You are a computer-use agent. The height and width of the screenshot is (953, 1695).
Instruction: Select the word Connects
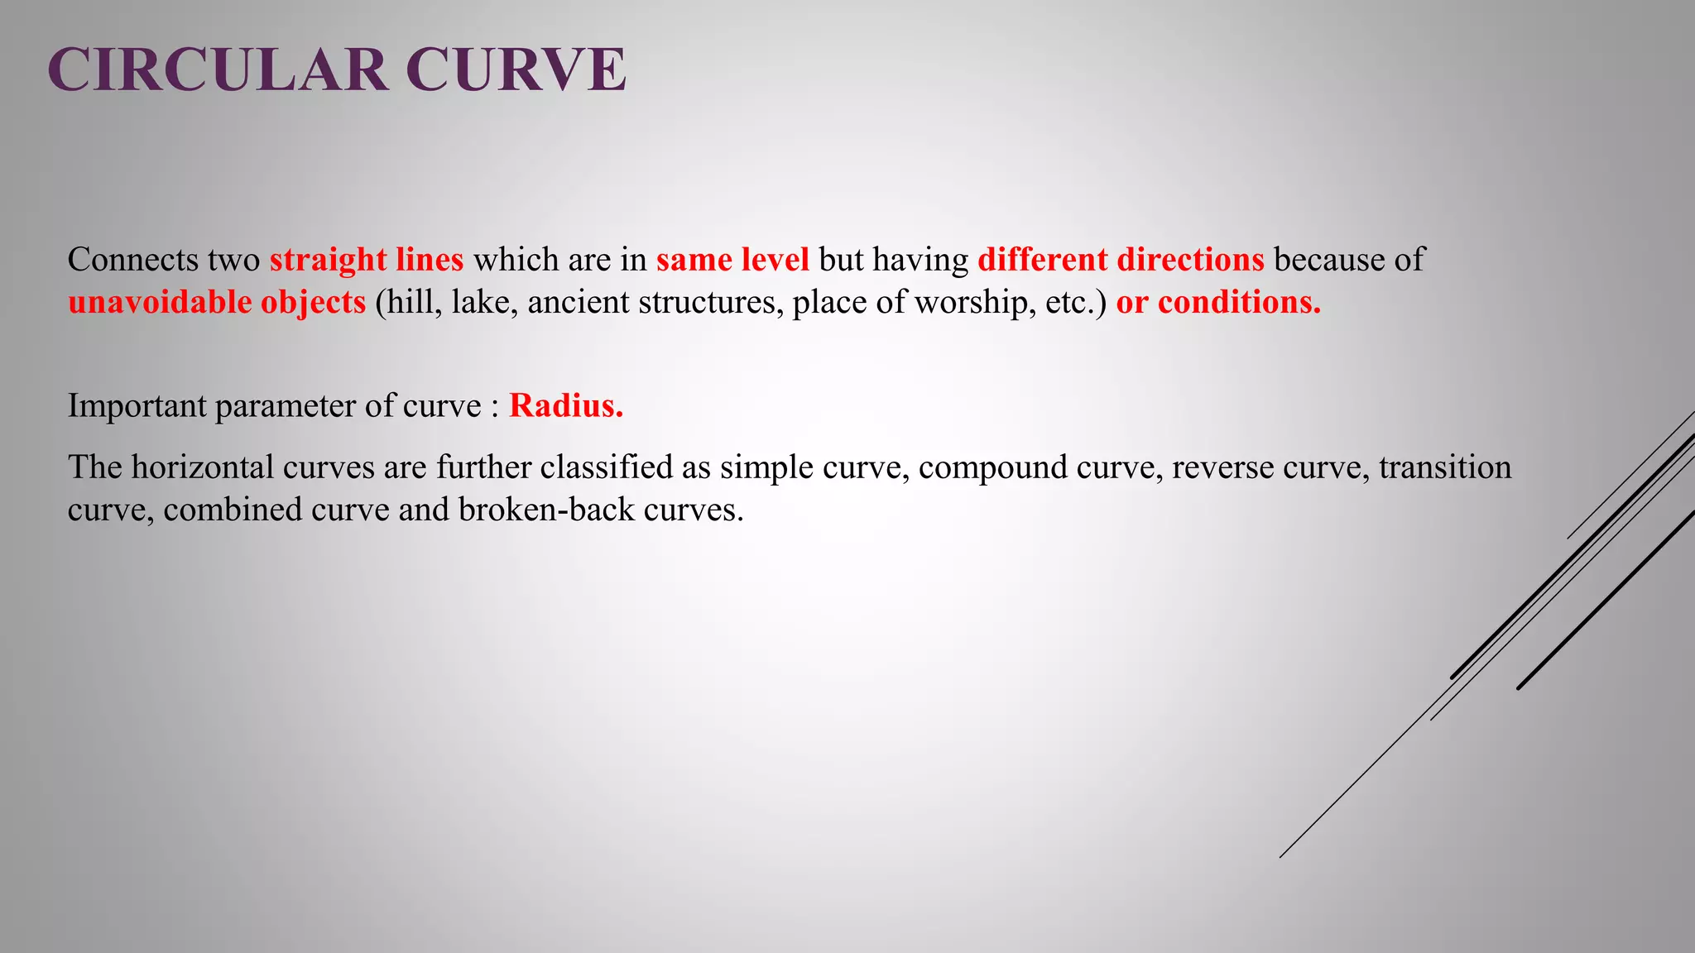pos(132,260)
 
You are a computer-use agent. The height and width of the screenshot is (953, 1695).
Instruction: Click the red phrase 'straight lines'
pos(367,260)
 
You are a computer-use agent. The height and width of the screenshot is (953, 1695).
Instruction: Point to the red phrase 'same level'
pos(732,260)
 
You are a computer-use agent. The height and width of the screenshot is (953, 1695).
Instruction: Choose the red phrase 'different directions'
pos(1121,260)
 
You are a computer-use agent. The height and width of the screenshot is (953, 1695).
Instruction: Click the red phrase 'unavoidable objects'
pos(217,302)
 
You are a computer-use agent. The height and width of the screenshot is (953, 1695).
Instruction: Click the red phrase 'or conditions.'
pos(1218,302)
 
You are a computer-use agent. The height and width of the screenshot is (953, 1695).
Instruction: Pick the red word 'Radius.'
pos(566,405)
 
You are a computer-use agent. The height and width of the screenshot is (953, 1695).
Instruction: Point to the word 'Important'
pos(137,405)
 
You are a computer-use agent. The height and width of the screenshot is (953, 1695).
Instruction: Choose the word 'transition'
pos(1445,467)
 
